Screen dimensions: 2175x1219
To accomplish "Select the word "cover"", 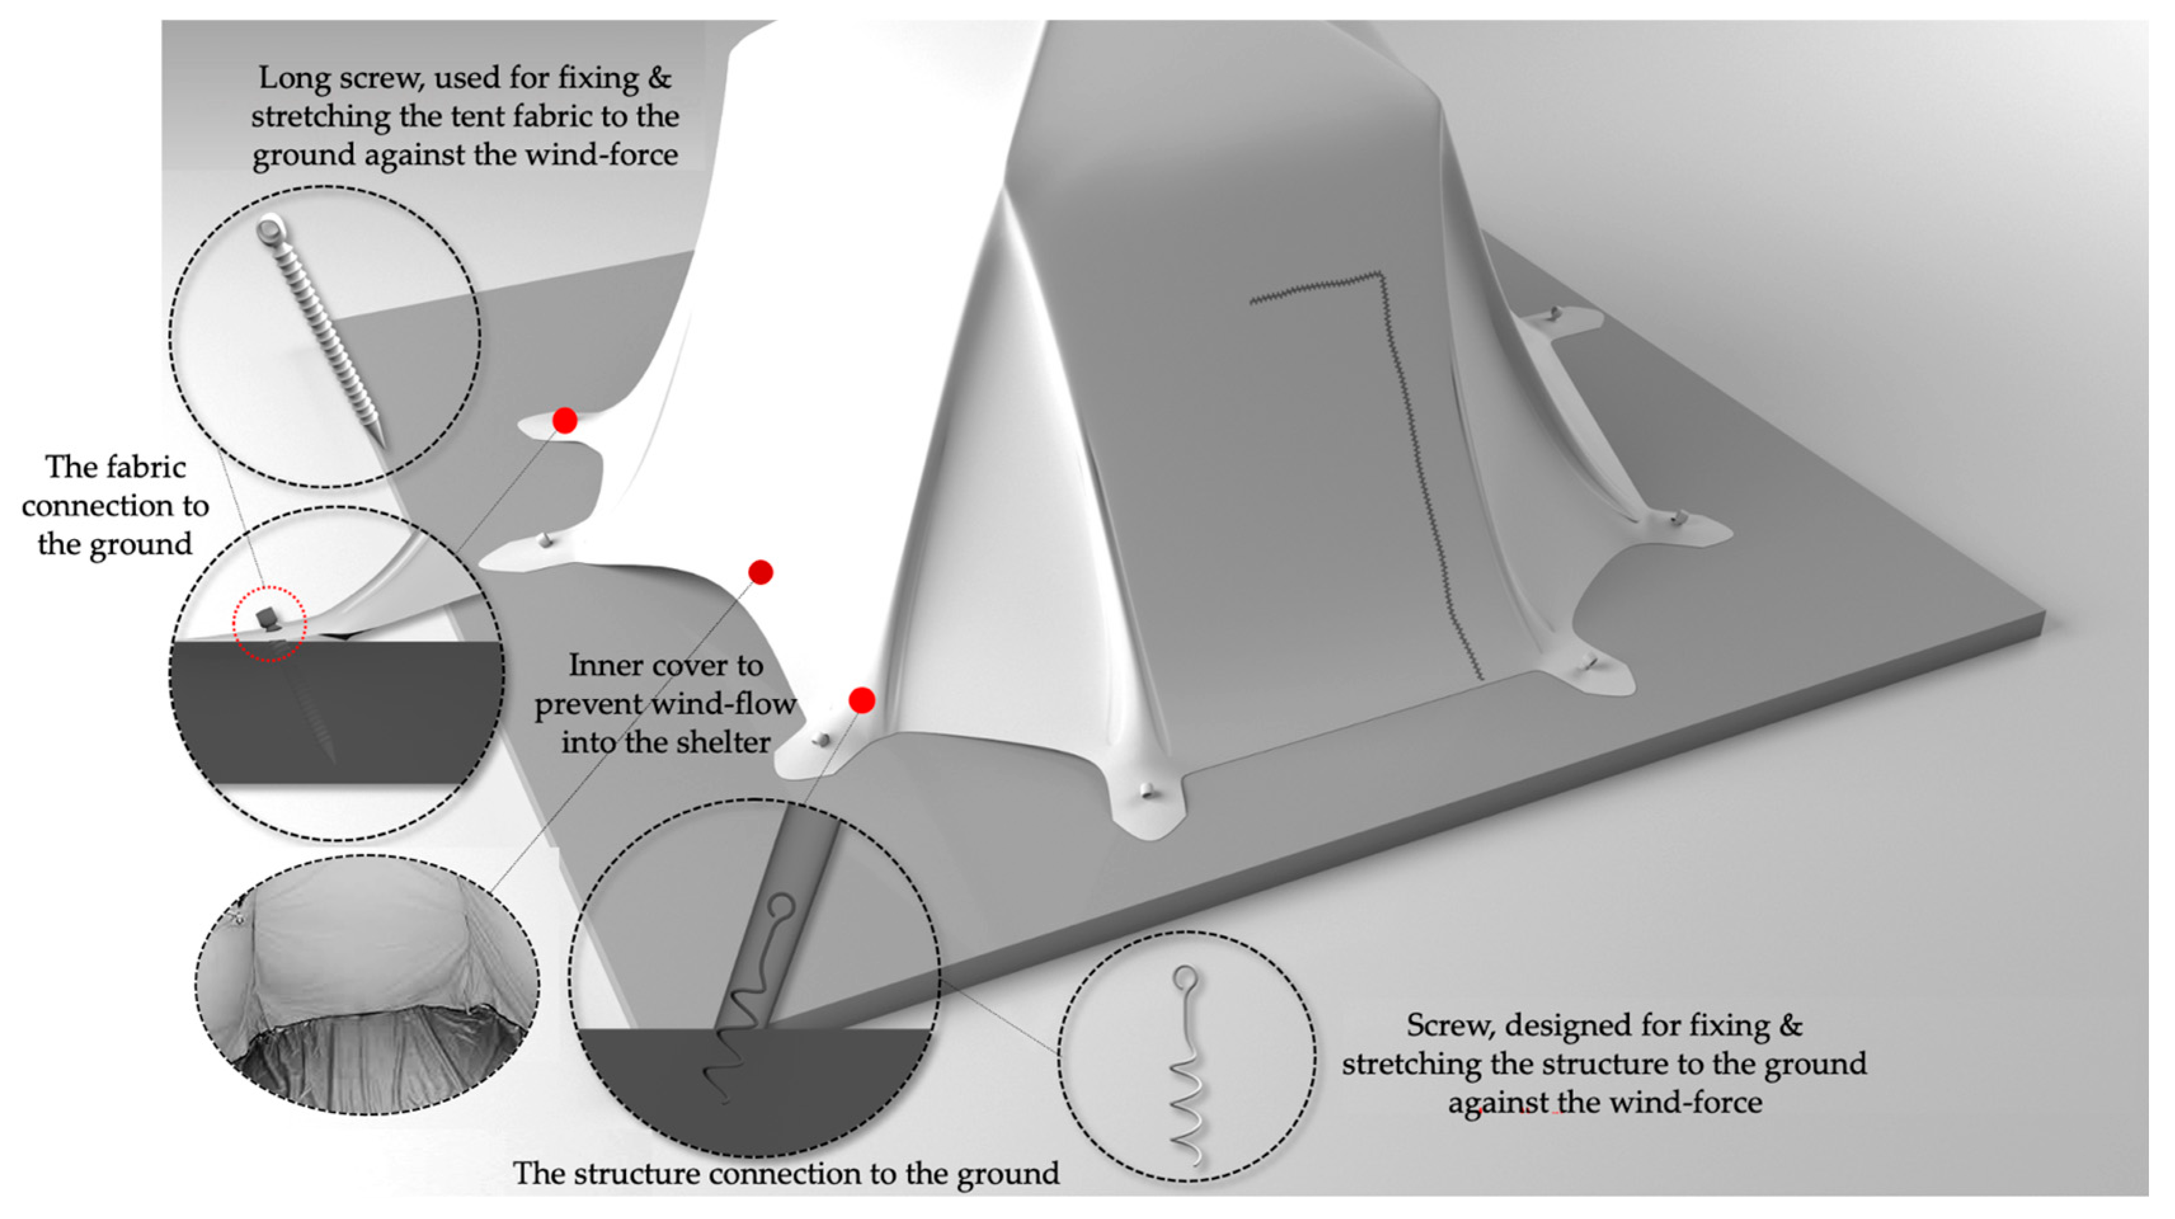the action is [x=690, y=666].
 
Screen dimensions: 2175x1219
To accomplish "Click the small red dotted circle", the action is [x=269, y=625].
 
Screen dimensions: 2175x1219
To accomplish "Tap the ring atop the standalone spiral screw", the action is [x=1185, y=979].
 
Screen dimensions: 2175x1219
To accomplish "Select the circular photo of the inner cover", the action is [x=368, y=984].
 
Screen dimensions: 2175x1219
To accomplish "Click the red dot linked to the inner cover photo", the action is [x=761, y=572].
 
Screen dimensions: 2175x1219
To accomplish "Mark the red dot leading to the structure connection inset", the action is [x=861, y=700].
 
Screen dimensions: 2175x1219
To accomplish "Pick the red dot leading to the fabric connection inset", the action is [x=565, y=420].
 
